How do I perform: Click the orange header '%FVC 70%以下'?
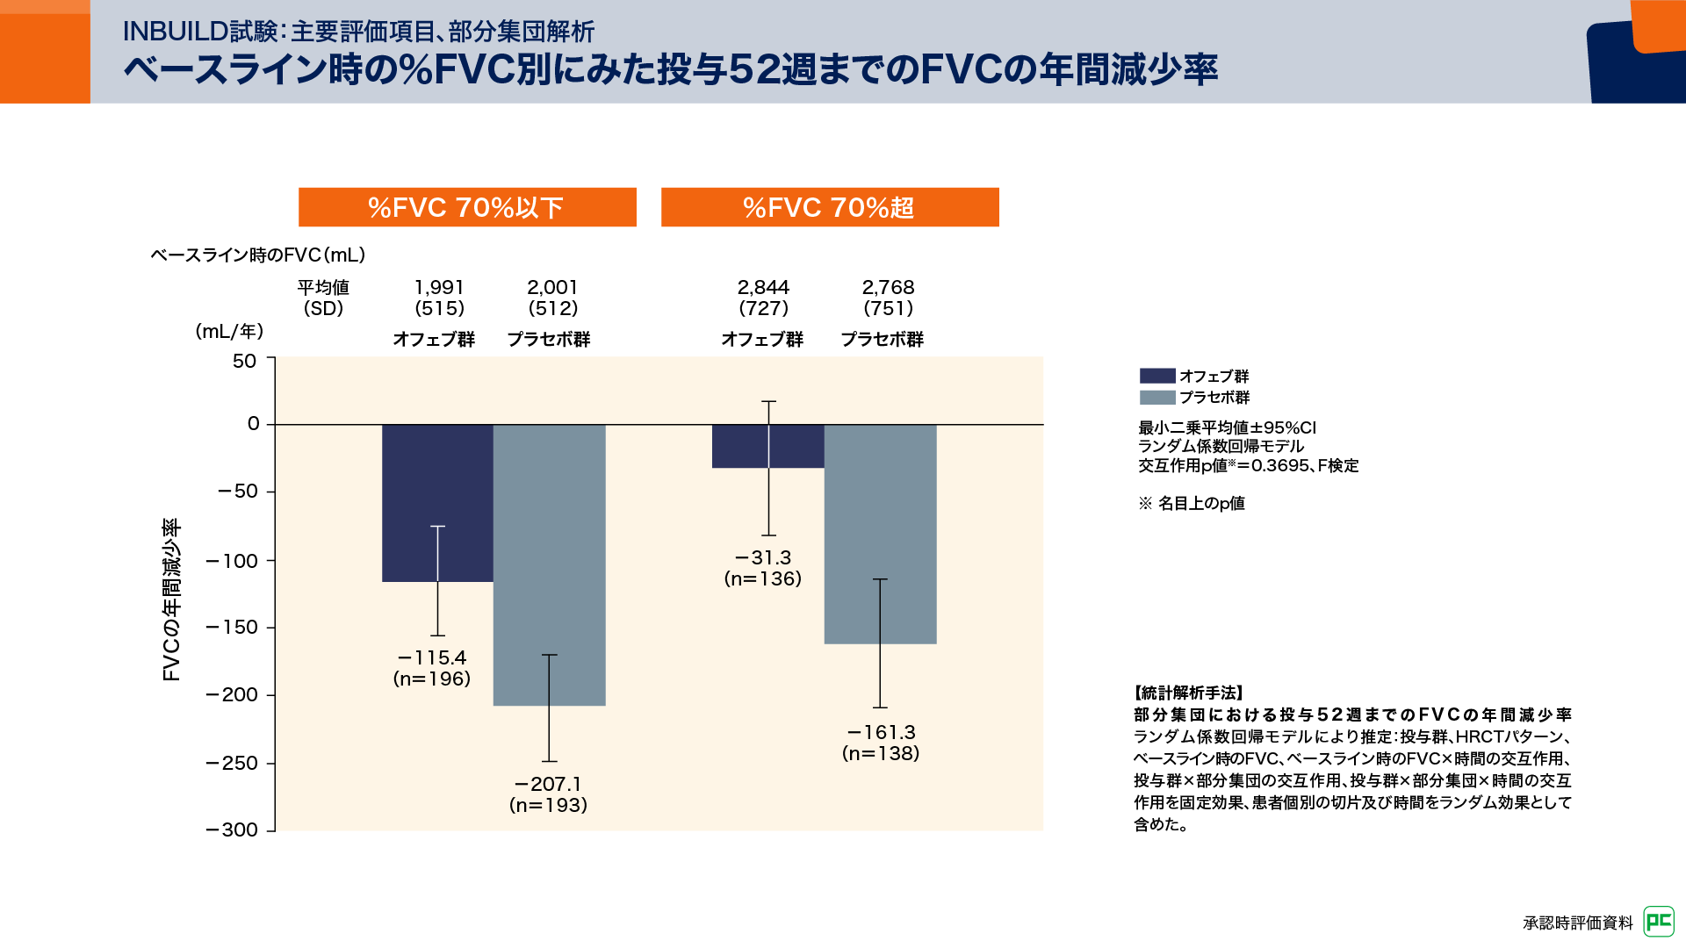click(x=467, y=207)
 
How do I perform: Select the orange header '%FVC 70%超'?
click(x=830, y=207)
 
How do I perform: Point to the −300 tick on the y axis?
click(x=233, y=829)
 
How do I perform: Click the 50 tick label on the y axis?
click(x=244, y=361)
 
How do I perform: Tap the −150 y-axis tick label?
click(x=233, y=627)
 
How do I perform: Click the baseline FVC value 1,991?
click(x=439, y=288)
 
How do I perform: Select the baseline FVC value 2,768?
click(x=888, y=288)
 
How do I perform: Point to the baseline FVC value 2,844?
click(x=763, y=288)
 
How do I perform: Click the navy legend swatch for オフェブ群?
click(x=1156, y=376)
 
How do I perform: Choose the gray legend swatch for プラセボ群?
click(x=1156, y=398)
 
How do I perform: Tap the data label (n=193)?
click(x=548, y=805)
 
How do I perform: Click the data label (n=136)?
click(x=762, y=578)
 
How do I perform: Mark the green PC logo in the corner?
click(x=1659, y=922)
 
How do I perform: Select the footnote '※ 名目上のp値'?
click(x=1192, y=503)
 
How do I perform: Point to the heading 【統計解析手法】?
click(x=1189, y=693)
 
